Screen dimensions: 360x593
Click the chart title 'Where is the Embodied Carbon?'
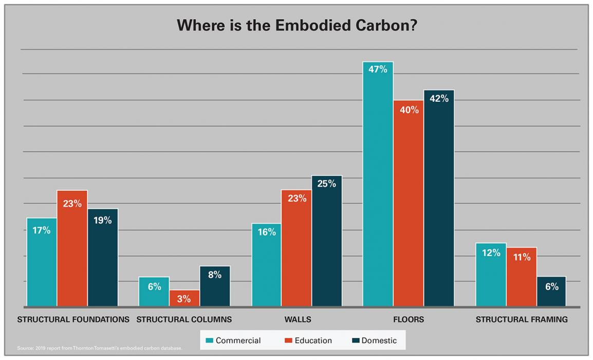pos(296,26)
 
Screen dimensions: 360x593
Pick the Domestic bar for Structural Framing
pos(551,292)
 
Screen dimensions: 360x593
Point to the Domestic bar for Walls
pos(326,241)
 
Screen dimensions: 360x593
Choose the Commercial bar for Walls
pos(266,265)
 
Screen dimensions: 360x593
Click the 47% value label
pos(378,69)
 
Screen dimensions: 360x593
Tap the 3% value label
pos(184,298)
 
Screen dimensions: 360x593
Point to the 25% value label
pos(326,184)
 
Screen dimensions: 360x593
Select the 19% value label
pos(103,220)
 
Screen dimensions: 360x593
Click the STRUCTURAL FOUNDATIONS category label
pos(73,319)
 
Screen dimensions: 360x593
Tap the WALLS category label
pos(298,319)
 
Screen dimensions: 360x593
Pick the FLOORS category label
pos(409,319)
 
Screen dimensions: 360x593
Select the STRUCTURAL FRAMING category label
pos(522,319)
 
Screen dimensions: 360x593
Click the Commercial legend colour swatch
pos(209,340)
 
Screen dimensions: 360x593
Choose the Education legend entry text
pos(309,340)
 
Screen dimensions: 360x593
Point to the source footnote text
pos(100,349)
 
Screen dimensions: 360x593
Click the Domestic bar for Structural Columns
pos(215,286)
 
